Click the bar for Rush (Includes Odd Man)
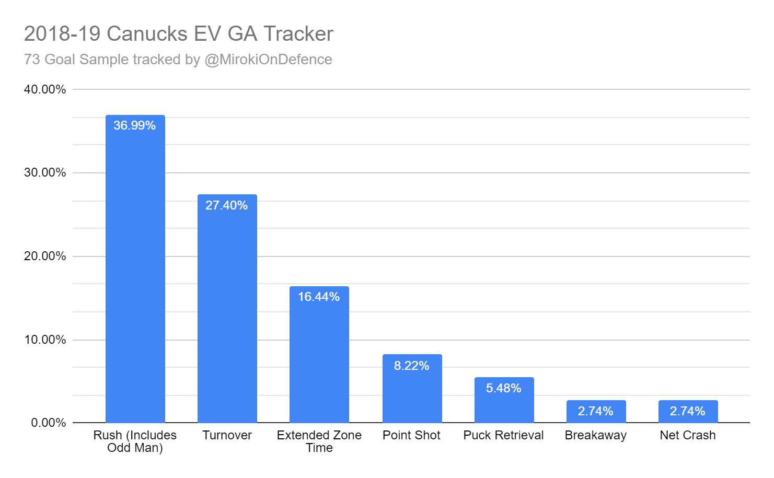(135, 272)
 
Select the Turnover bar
(227, 313)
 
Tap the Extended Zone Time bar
(319, 360)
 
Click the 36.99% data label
(135, 125)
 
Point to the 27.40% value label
(227, 205)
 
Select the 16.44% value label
(319, 297)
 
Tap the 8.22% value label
(412, 366)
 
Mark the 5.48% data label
(504, 388)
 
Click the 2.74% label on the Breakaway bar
(596, 411)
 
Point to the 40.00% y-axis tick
(45, 89)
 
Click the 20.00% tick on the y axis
(45, 256)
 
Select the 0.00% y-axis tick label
(49, 423)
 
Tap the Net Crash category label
(688, 435)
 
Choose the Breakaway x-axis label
(596, 435)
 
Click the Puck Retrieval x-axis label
(504, 435)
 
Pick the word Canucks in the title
(147, 34)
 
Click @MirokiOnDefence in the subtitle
(268, 60)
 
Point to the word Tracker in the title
(298, 34)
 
